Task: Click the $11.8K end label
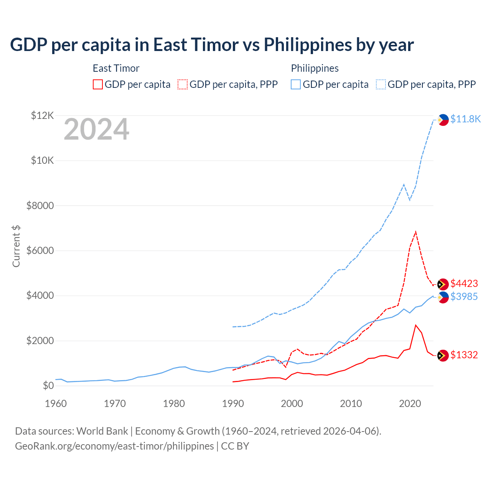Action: (465, 119)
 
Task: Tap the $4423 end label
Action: (464, 283)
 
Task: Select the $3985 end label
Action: (464, 297)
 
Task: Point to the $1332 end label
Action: (464, 355)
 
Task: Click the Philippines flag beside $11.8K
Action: (443, 120)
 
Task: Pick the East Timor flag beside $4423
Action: (443, 284)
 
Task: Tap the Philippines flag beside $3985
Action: (443, 297)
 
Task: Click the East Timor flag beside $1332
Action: (443, 356)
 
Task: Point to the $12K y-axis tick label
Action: (43, 115)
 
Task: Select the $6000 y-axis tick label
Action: (40, 250)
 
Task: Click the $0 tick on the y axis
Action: (48, 386)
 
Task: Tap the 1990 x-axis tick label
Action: (233, 404)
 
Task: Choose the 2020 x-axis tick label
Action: (410, 404)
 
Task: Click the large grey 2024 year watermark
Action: (97, 129)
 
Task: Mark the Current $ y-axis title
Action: (16, 246)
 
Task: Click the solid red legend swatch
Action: (98, 84)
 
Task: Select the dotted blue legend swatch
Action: (381, 84)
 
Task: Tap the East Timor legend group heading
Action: (116, 68)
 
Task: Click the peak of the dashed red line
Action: (416, 232)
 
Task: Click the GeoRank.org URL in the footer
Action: (114, 446)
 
